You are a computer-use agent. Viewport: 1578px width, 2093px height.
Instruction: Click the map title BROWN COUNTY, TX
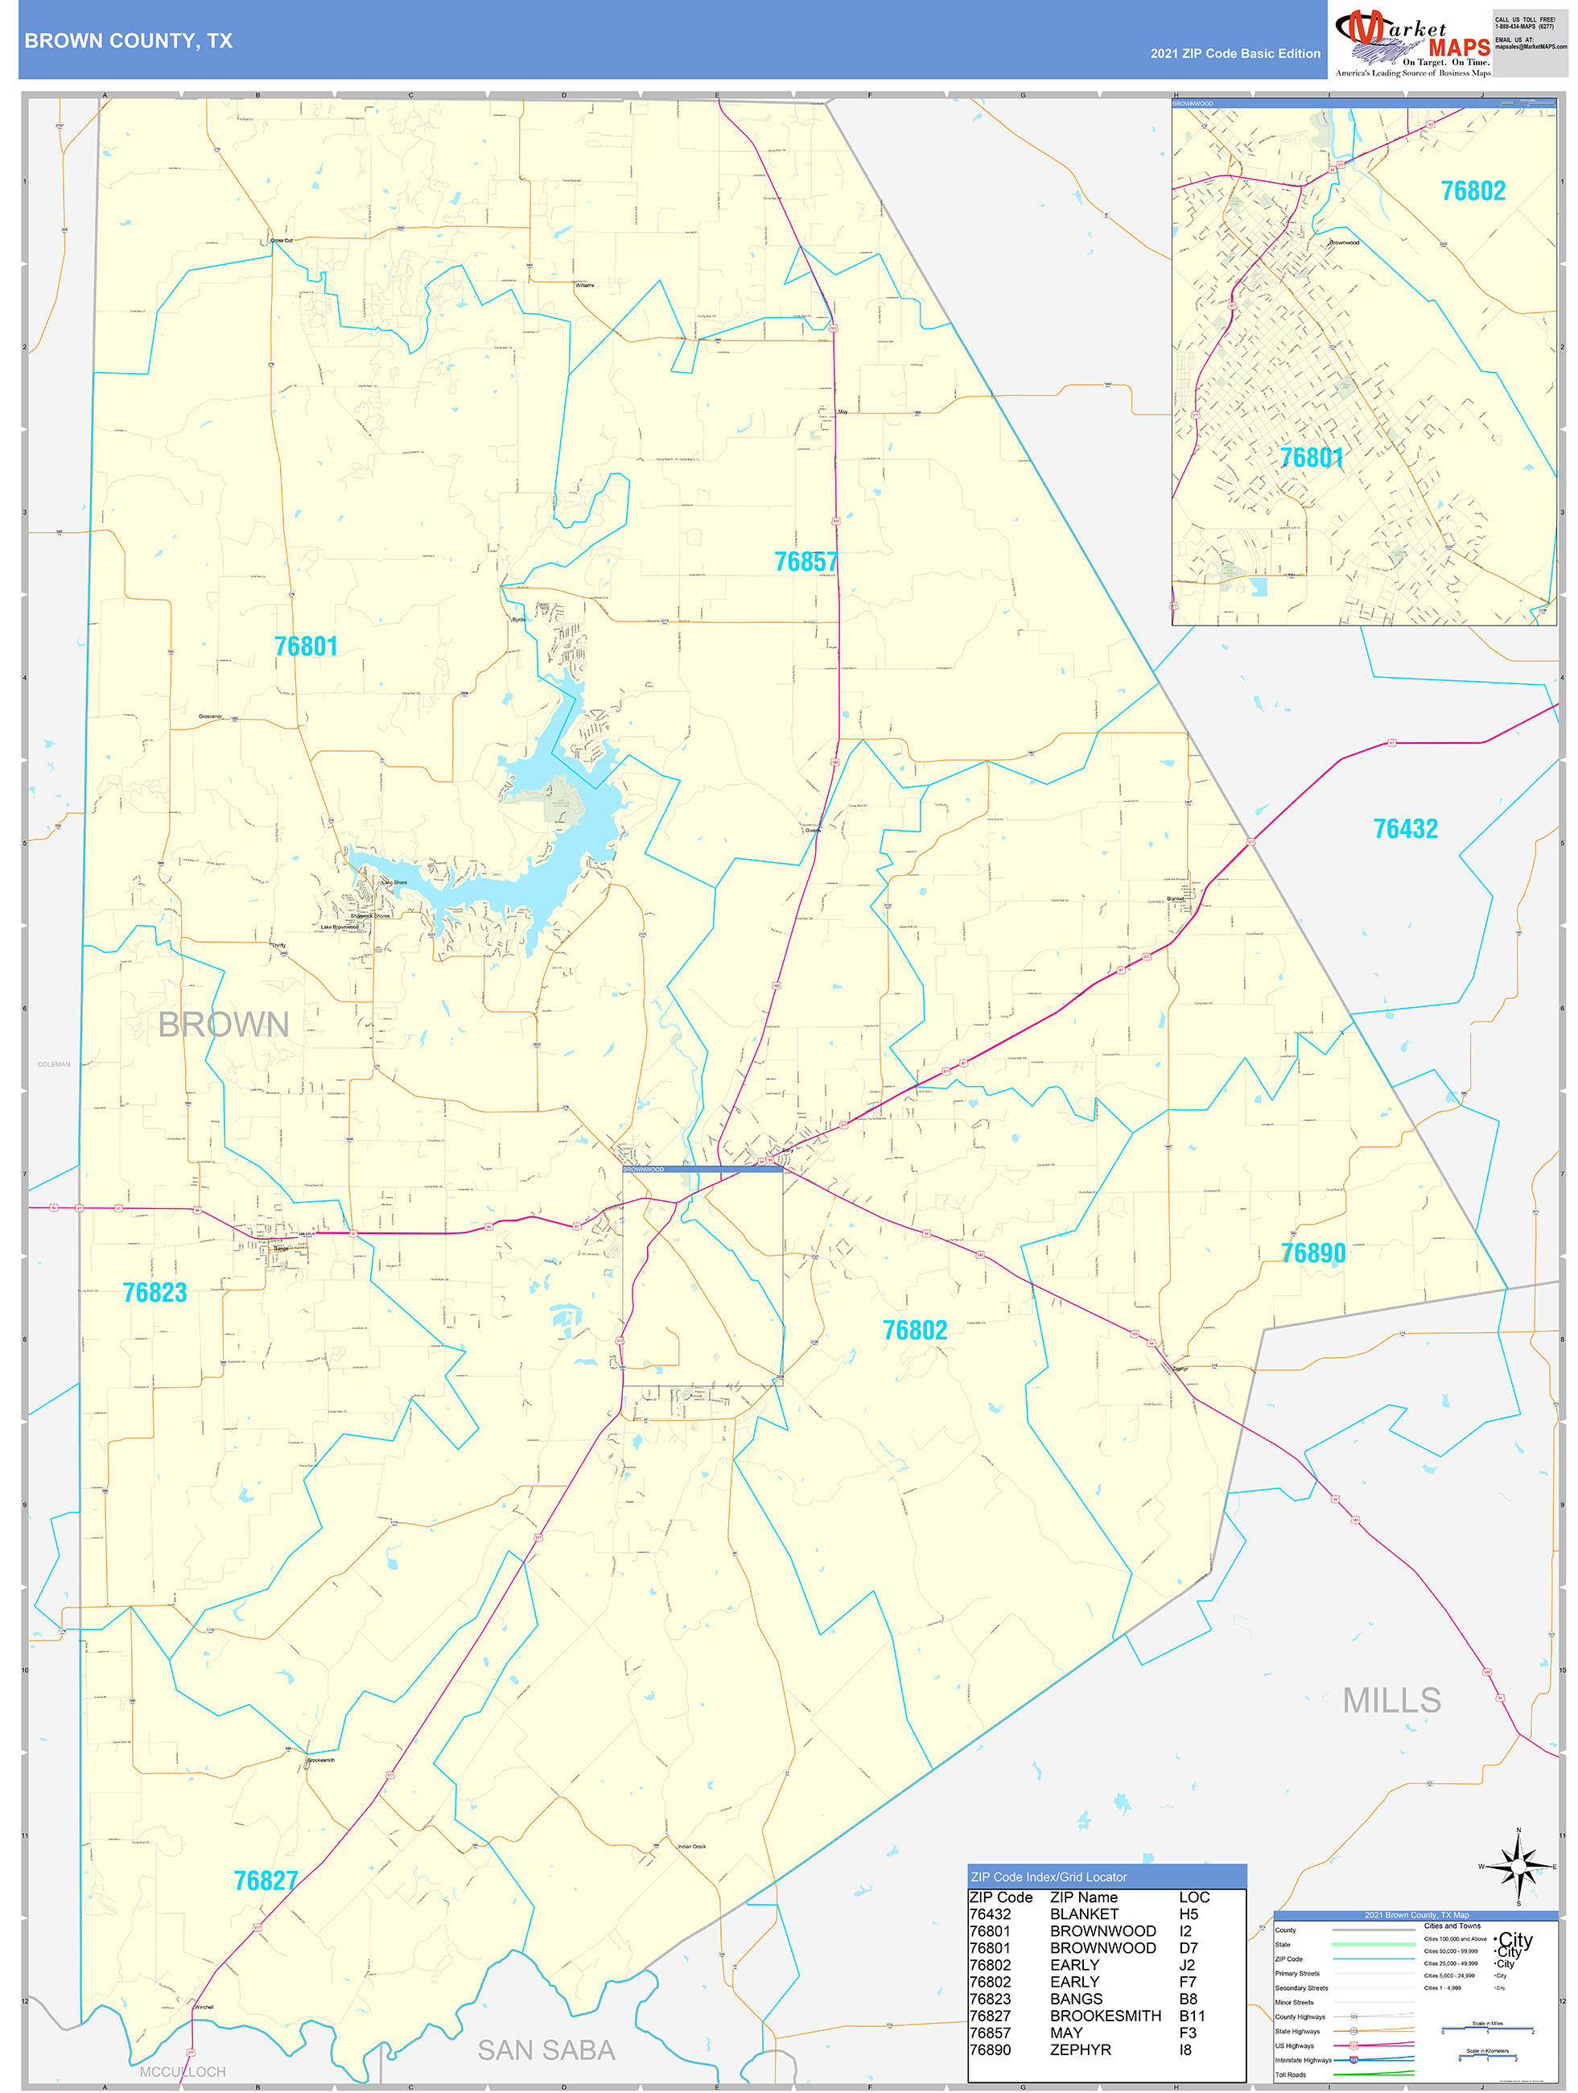(128, 41)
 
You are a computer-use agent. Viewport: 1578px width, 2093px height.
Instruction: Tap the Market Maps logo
(1411, 43)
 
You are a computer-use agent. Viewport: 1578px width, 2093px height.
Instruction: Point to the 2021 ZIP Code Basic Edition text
(1234, 54)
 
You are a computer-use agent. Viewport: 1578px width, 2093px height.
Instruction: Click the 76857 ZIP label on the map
(806, 562)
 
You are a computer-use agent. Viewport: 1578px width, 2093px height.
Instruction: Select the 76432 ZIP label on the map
(1405, 829)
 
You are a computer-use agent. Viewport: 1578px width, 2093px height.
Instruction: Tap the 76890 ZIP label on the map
(1312, 1253)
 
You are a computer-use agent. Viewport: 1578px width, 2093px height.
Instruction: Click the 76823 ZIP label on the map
(155, 1293)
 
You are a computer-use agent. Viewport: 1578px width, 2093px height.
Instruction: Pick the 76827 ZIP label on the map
(266, 1881)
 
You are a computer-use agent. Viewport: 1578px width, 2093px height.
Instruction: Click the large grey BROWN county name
(223, 1025)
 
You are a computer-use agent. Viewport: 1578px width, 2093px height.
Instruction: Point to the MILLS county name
(1391, 1700)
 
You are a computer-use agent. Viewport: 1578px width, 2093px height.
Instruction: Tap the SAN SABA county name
(546, 2050)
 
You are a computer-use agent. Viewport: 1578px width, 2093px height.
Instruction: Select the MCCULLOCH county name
(183, 2072)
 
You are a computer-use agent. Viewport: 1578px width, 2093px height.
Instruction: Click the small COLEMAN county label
(54, 1064)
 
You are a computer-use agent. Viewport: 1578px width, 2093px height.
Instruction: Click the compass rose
(1518, 1867)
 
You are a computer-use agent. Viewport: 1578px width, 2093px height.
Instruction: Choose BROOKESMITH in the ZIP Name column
(1105, 2016)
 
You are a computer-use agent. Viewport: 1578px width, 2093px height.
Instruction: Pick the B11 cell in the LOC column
(1192, 2016)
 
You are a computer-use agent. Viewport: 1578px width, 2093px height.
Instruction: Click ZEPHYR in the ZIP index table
(1081, 2050)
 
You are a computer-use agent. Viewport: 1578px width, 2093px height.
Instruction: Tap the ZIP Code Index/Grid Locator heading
(1049, 1877)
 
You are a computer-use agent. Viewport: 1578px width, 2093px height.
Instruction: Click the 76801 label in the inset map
(1311, 458)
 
